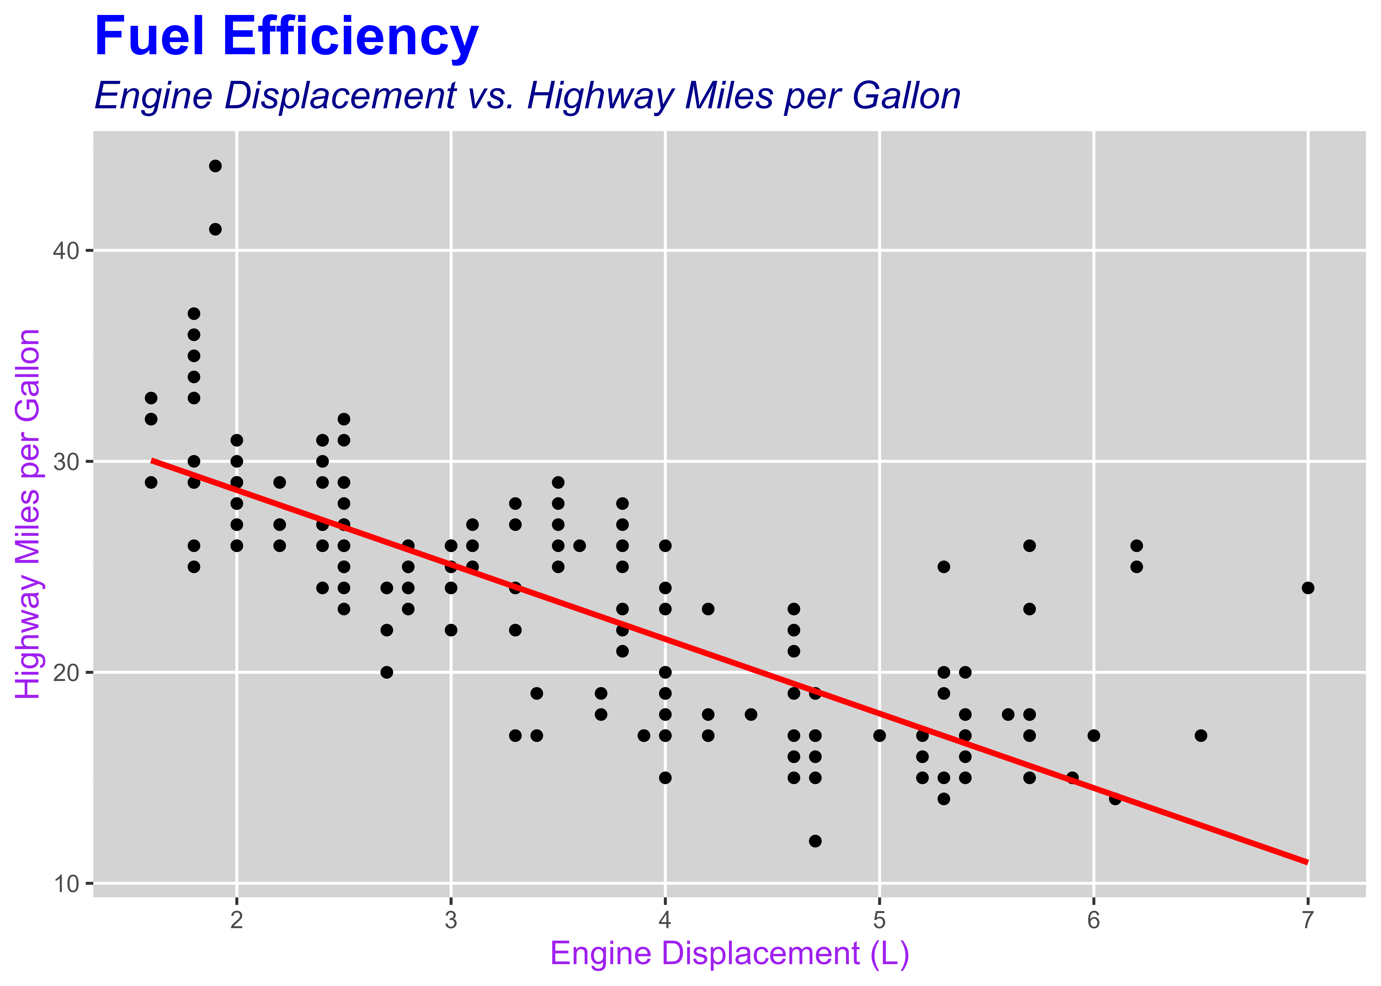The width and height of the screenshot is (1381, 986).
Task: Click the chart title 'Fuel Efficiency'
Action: coord(287,36)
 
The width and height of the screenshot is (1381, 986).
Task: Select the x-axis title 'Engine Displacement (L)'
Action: coord(729,953)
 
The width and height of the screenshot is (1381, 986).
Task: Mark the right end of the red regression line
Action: coord(1308,862)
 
